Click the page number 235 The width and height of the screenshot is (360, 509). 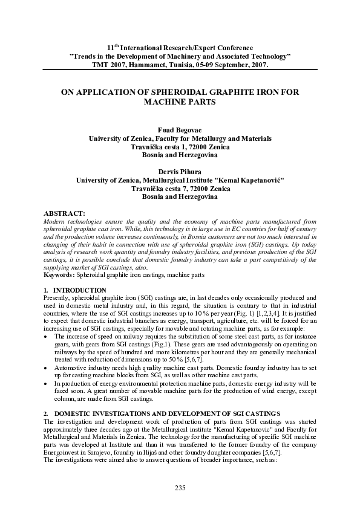tap(180, 488)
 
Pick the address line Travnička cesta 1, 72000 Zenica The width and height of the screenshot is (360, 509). tap(180, 147)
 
